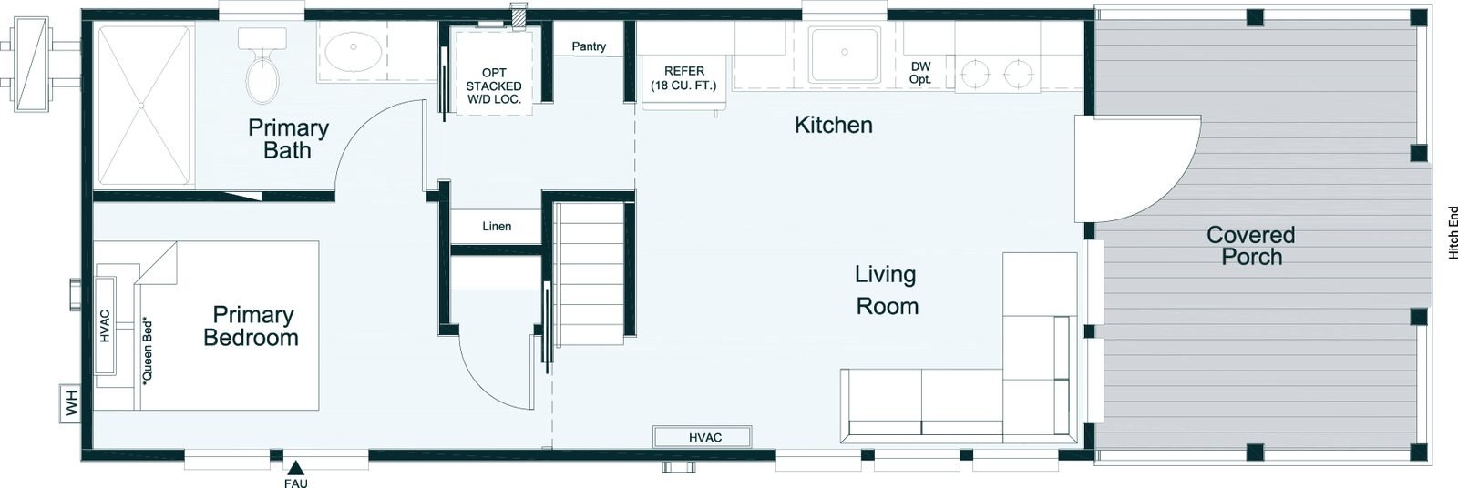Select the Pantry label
pyautogui.click(x=589, y=46)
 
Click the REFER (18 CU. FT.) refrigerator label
pyautogui.click(x=683, y=78)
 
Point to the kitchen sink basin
pyautogui.click(x=844, y=54)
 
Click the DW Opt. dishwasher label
pyautogui.click(x=920, y=73)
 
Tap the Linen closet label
pyautogui.click(x=497, y=227)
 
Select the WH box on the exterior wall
pyautogui.click(x=70, y=403)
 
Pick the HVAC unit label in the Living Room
pyautogui.click(x=705, y=438)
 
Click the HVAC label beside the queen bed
pyautogui.click(x=106, y=326)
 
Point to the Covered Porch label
pyautogui.click(x=1250, y=245)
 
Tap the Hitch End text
pyautogui.click(x=1452, y=233)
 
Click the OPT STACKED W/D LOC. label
pyautogui.click(x=494, y=86)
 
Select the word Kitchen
pyautogui.click(x=833, y=125)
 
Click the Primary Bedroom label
pyautogui.click(x=252, y=326)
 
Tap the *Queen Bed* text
pyautogui.click(x=148, y=350)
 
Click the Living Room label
pyautogui.click(x=886, y=290)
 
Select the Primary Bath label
pyautogui.click(x=288, y=138)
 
